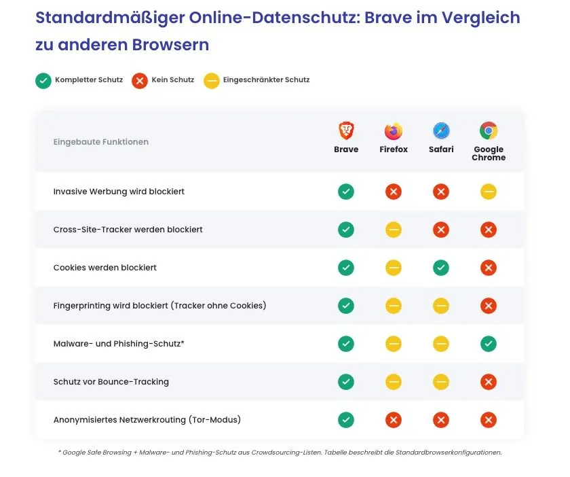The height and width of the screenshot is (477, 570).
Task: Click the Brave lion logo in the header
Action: click(x=346, y=130)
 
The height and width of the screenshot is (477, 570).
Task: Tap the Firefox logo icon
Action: click(x=394, y=130)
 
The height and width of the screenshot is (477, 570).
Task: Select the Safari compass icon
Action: click(x=441, y=130)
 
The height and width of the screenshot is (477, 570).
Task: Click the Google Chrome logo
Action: click(x=489, y=130)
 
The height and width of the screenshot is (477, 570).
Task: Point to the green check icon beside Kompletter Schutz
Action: click(x=43, y=80)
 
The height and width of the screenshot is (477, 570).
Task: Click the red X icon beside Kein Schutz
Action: click(x=140, y=80)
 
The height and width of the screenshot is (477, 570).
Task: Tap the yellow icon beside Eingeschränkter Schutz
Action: click(x=212, y=80)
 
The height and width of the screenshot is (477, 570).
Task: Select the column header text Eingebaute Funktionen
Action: click(x=100, y=142)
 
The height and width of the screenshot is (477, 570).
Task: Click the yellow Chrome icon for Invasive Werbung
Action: click(x=489, y=192)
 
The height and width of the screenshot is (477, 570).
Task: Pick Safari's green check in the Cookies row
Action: click(x=441, y=268)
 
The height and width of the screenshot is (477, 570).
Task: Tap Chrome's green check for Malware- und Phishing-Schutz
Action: click(x=489, y=344)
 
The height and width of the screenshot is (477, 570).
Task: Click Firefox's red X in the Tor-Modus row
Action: click(x=394, y=420)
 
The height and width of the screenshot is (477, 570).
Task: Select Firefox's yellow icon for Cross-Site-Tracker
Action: click(x=394, y=230)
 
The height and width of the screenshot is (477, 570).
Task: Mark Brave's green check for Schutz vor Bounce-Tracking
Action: click(x=346, y=382)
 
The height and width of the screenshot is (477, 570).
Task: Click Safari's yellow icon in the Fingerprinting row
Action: click(x=441, y=306)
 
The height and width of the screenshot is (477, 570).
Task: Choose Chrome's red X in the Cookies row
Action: click(x=489, y=268)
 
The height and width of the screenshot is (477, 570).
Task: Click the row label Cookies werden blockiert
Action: click(x=104, y=268)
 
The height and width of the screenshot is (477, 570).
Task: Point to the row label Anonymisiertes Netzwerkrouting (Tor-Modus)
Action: click(x=147, y=420)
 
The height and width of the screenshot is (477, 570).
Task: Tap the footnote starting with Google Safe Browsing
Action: click(x=280, y=452)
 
